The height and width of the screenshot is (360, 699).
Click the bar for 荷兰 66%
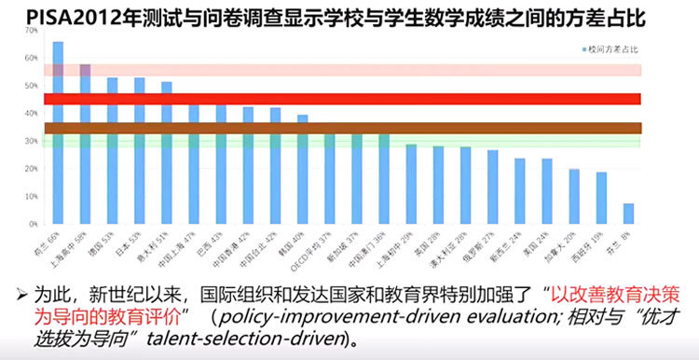tap(58, 140)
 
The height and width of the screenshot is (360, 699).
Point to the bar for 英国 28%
tap(438, 187)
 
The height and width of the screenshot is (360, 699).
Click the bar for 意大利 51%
tap(166, 159)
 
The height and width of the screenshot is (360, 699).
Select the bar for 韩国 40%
tap(302, 173)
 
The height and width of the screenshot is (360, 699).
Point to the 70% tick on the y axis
tap(32, 31)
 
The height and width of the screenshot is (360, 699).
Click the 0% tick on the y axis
tap(33, 226)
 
